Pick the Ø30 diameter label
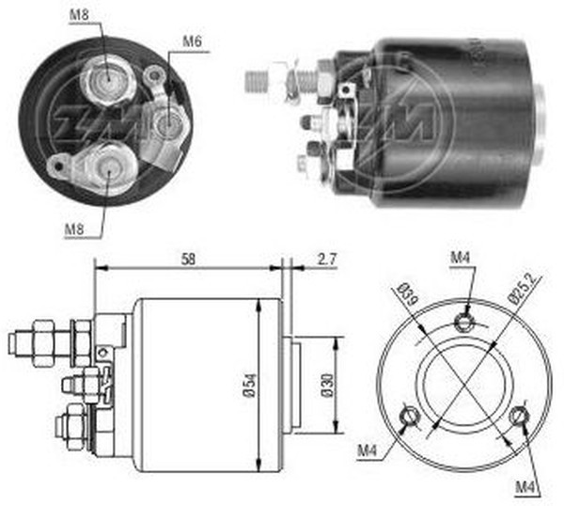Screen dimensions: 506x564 click(324, 387)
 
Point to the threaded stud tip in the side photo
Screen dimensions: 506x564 click(252, 80)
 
